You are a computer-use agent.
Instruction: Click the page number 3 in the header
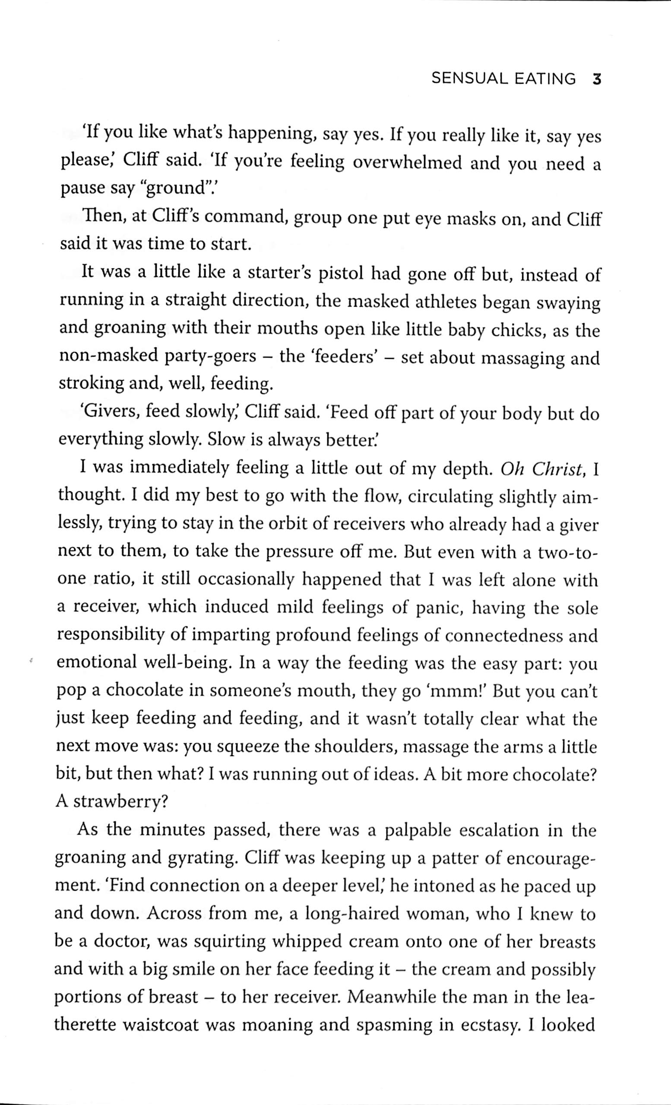click(596, 80)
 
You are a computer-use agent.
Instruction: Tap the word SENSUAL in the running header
click(469, 79)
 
